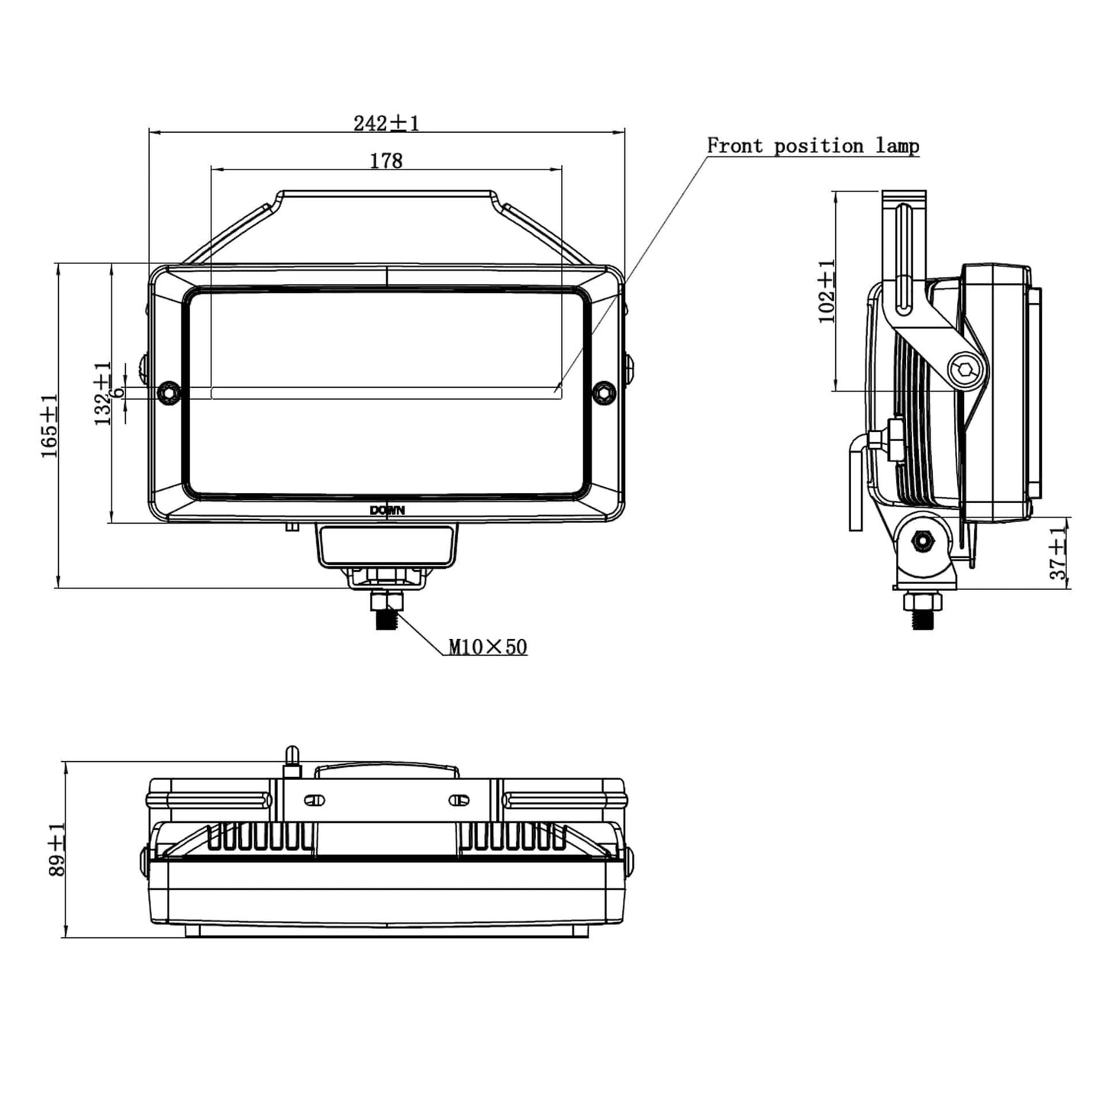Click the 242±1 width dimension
pos(386,123)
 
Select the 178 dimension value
pos(386,161)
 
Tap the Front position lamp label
pos(812,146)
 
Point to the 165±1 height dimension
pos(50,425)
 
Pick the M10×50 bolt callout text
pos(487,647)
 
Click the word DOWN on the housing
pos(387,511)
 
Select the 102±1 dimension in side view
pos(827,291)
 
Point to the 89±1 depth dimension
pos(57,849)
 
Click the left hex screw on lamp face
pos(169,392)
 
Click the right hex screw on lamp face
pos(604,392)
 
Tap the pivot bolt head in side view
pos(965,371)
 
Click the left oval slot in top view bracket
pos(314,800)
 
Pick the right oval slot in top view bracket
pos(458,800)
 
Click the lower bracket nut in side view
pos(924,541)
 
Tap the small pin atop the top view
pos(292,758)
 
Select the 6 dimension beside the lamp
pos(118,392)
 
